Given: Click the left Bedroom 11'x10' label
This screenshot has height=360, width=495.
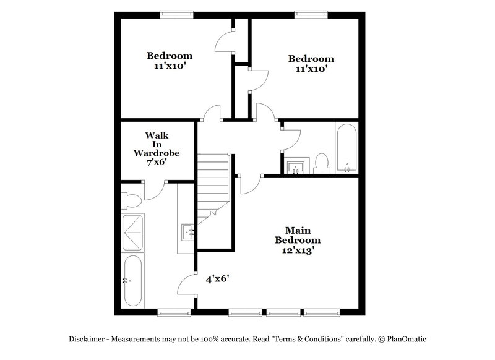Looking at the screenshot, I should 169,60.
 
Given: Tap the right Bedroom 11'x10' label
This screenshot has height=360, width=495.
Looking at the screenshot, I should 311,64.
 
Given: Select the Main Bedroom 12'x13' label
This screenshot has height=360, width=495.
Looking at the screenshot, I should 298,239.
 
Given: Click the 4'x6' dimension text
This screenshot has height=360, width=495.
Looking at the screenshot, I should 218,279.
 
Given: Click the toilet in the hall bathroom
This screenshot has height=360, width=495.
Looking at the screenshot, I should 321,163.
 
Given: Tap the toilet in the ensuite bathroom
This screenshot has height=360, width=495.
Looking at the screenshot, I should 131,199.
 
